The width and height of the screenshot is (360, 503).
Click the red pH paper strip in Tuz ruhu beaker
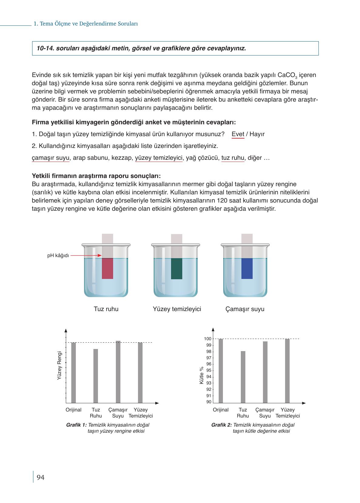pos(107,268)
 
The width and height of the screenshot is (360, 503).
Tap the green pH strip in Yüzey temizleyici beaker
pos(177,268)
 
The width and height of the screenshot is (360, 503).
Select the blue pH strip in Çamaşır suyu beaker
pos(247,268)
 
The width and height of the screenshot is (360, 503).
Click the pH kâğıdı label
pos(58,255)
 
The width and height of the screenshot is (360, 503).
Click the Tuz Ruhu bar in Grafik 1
pos(96,376)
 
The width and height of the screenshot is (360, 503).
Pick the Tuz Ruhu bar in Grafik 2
pos(243,377)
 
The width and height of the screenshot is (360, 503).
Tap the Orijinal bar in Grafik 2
pos(220,371)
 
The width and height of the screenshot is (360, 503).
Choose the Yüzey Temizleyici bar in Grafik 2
pos(287,371)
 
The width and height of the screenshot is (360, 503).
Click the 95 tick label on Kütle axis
pos(209,371)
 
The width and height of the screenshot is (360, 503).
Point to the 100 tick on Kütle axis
pos(208,339)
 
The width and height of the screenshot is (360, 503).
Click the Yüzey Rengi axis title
pos(59,366)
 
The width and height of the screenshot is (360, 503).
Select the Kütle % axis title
pos(201,376)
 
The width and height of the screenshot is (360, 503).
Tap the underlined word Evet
pos(238,134)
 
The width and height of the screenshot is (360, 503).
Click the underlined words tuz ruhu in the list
pos(233,158)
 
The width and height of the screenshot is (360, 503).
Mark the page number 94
pos(40,478)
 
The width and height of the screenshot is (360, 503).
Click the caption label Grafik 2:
pos(221,425)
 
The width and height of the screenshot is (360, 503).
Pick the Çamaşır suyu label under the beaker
pos(245,309)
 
